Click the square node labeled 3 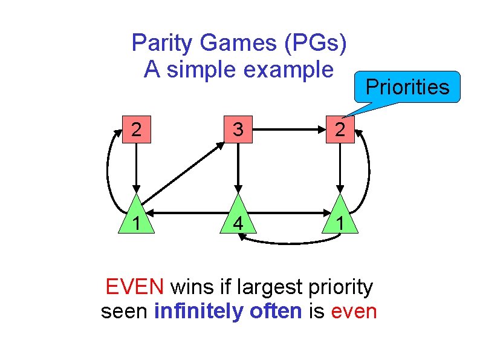pyautogui.click(x=239, y=130)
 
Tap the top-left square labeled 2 pyautogui.click(x=137, y=130)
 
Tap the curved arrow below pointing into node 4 pyautogui.click(x=290, y=242)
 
